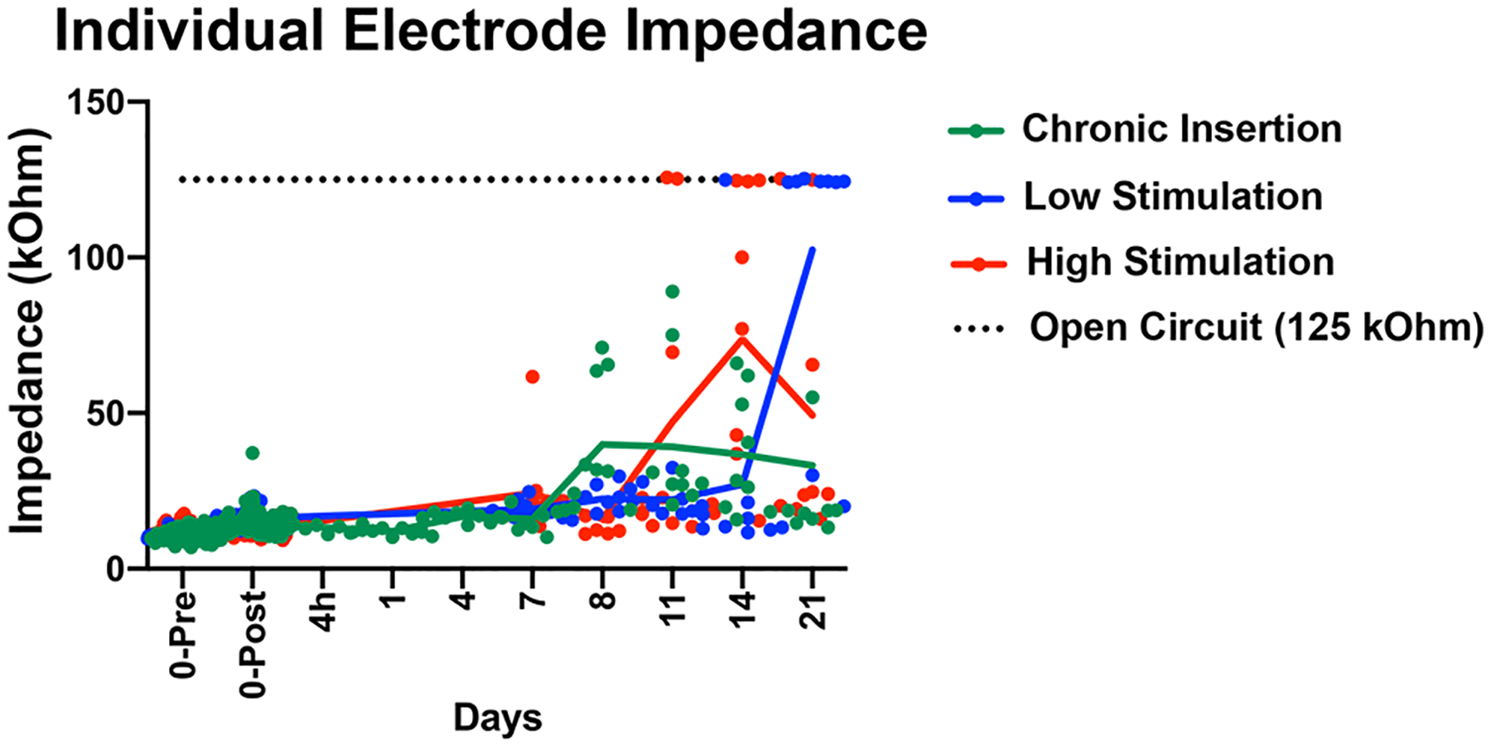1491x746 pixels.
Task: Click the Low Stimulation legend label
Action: pos(1172,197)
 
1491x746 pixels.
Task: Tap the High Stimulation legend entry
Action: pos(1180,263)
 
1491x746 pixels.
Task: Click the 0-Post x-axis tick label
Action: pos(254,644)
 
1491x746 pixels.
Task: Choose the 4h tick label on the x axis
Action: pos(325,612)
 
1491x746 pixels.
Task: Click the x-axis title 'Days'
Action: pos(497,718)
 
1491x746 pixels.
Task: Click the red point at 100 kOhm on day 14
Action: pos(742,258)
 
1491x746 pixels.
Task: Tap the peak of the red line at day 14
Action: pos(742,338)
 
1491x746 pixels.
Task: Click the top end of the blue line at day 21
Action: pos(813,249)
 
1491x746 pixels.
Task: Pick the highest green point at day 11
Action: pos(673,292)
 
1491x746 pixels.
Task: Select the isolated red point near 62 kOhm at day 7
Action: pos(533,377)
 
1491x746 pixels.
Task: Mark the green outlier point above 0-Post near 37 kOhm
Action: pos(253,453)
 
